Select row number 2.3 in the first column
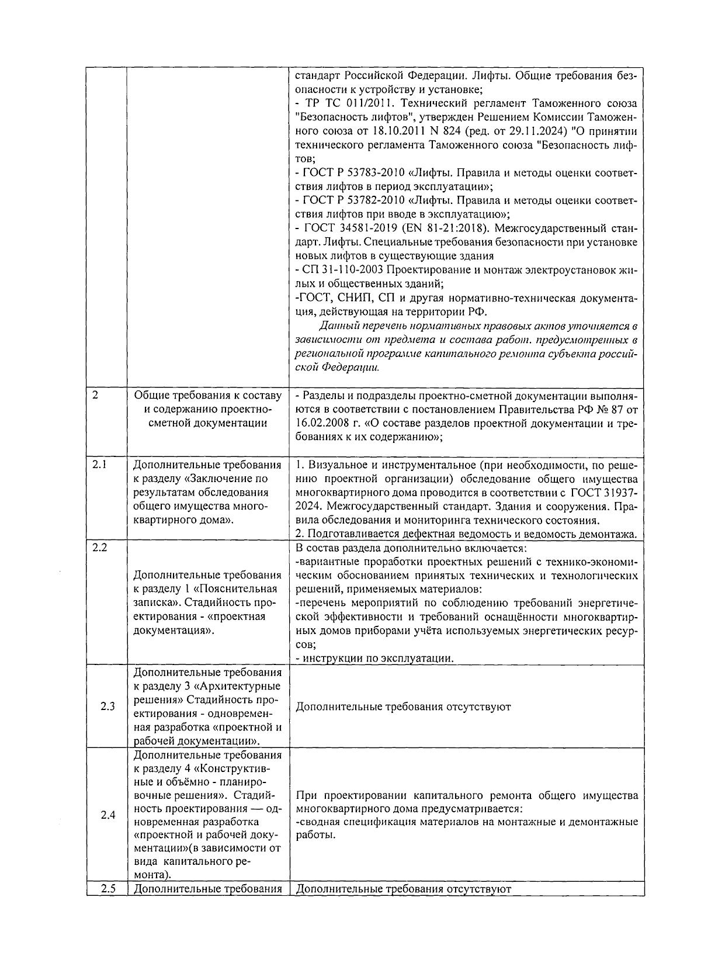click(107, 707)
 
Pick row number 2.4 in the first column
click(107, 815)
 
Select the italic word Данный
click(338, 325)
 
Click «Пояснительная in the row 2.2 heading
click(241, 589)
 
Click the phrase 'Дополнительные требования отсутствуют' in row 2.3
click(403, 707)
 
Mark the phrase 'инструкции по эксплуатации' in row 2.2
click(377, 658)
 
